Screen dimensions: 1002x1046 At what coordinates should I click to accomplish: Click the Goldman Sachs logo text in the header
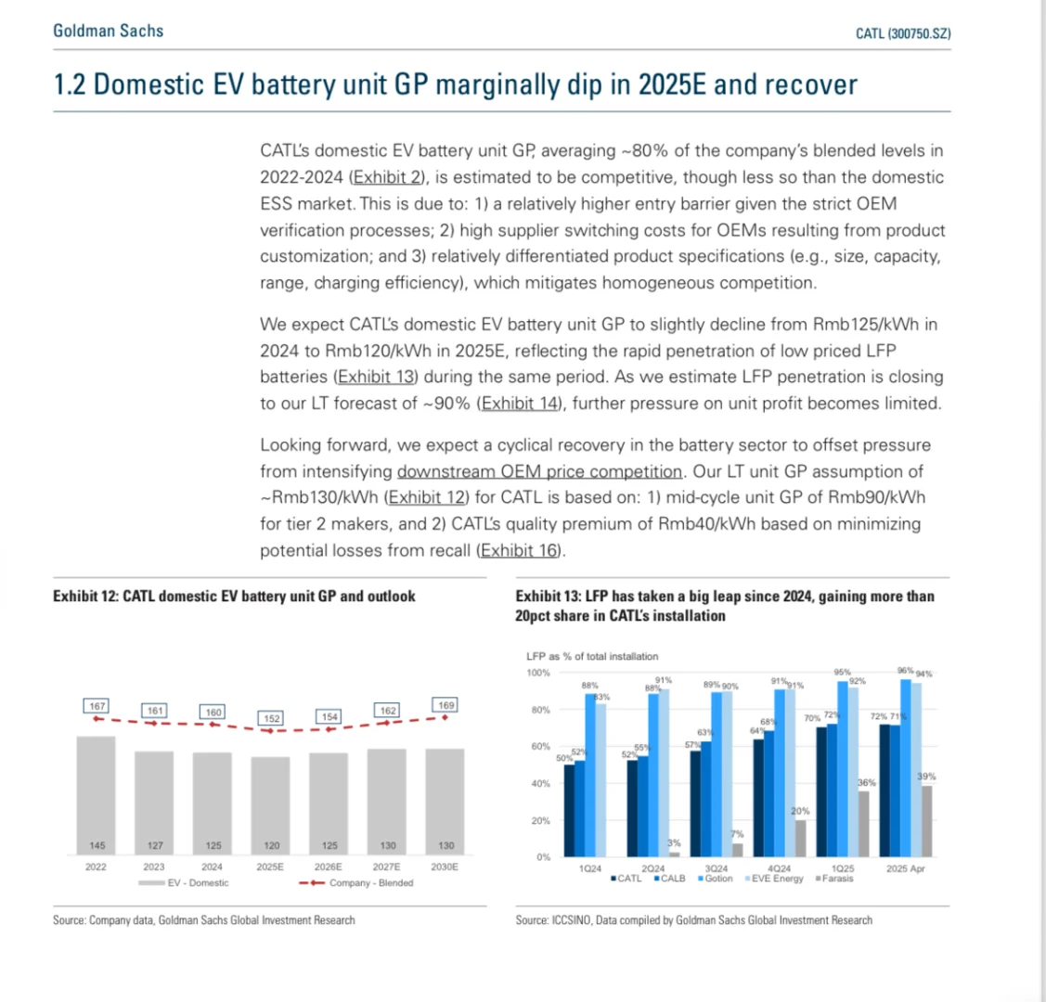tap(108, 31)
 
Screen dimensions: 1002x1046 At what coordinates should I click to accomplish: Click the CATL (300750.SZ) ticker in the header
tap(902, 33)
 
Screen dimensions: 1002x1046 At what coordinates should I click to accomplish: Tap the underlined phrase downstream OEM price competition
tap(539, 471)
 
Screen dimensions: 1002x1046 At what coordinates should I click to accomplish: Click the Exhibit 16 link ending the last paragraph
tap(521, 550)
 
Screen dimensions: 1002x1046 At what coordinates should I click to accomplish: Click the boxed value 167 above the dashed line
tap(97, 707)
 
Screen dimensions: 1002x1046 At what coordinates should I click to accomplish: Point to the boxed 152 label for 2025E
tap(270, 718)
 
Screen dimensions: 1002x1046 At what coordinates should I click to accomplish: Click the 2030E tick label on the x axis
tap(446, 867)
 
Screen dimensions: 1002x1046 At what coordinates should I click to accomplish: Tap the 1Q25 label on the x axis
tap(843, 868)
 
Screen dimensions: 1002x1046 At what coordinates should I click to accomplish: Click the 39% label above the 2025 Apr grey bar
tap(926, 777)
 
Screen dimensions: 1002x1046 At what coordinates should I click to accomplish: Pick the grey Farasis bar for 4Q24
tap(800, 838)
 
